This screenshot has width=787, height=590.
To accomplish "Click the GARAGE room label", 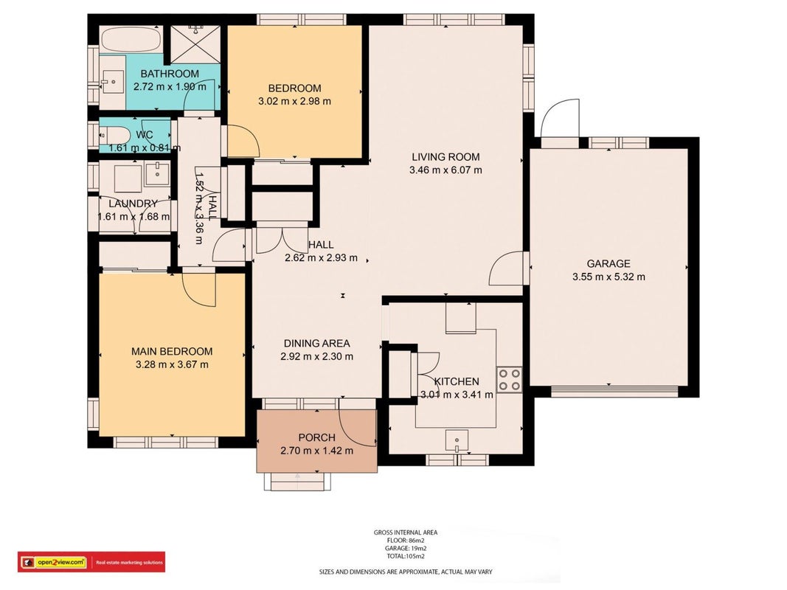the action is [x=609, y=263].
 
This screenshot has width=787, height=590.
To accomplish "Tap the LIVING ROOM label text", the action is [x=445, y=157].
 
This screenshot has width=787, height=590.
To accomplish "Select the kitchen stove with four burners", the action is [x=509, y=380].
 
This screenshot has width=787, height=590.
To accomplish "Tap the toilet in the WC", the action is [x=111, y=135].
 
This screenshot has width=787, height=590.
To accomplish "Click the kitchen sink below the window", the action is [x=457, y=440].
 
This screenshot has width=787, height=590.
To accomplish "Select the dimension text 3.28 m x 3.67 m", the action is [x=172, y=365].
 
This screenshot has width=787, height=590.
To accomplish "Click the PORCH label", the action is [x=316, y=438].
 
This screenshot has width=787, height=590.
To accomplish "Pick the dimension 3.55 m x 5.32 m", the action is [x=609, y=277].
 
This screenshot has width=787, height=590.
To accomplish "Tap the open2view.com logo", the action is [x=61, y=563].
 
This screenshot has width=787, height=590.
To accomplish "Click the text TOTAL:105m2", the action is [x=406, y=556].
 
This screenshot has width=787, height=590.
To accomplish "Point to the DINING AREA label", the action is [x=316, y=344].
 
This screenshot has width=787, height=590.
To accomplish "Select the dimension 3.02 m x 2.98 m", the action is [x=294, y=101].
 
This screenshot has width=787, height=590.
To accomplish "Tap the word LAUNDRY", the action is [x=133, y=204].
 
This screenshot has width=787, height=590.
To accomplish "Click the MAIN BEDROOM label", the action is [x=172, y=352].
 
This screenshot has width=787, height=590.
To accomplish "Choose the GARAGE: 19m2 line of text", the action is [x=406, y=549].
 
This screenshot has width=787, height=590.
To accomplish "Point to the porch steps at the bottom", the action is [x=298, y=482].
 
